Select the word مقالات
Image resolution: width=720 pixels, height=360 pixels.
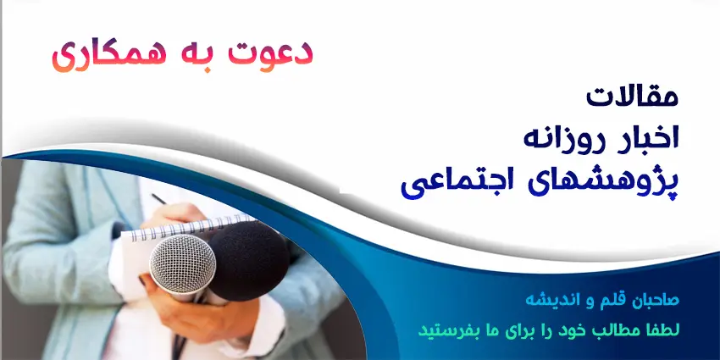[632, 97]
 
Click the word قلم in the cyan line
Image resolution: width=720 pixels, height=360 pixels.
[603, 301]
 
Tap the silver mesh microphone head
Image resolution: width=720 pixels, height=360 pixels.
[182, 265]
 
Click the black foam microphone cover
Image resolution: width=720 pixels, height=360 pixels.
[248, 261]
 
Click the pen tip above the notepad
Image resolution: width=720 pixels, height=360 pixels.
[154, 196]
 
